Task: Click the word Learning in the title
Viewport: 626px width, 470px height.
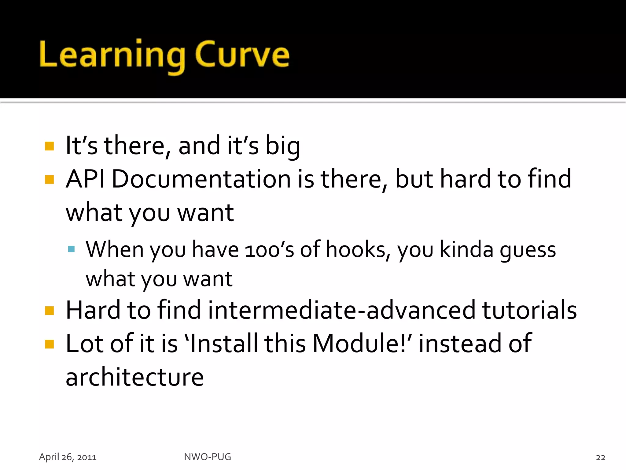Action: (112, 55)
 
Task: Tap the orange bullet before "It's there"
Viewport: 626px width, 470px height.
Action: (49, 146)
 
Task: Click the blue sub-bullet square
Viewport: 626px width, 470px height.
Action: (72, 249)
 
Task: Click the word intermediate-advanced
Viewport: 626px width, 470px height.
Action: (341, 310)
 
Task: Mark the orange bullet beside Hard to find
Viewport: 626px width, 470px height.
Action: (49, 311)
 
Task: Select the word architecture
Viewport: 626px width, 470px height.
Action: (134, 377)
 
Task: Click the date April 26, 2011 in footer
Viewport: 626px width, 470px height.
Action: (68, 457)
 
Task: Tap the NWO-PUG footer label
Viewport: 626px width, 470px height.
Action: (208, 457)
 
